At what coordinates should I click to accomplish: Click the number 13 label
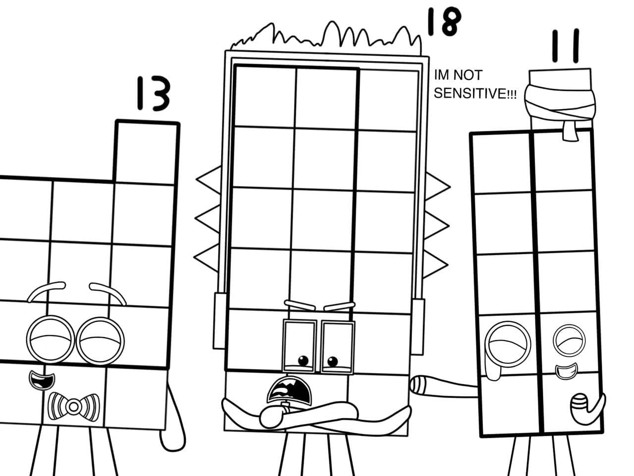[153, 94]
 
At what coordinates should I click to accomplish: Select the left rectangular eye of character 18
[300, 346]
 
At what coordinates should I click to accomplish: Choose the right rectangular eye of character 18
[338, 347]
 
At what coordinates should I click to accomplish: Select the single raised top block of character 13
[147, 151]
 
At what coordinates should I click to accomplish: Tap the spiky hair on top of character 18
[327, 37]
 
